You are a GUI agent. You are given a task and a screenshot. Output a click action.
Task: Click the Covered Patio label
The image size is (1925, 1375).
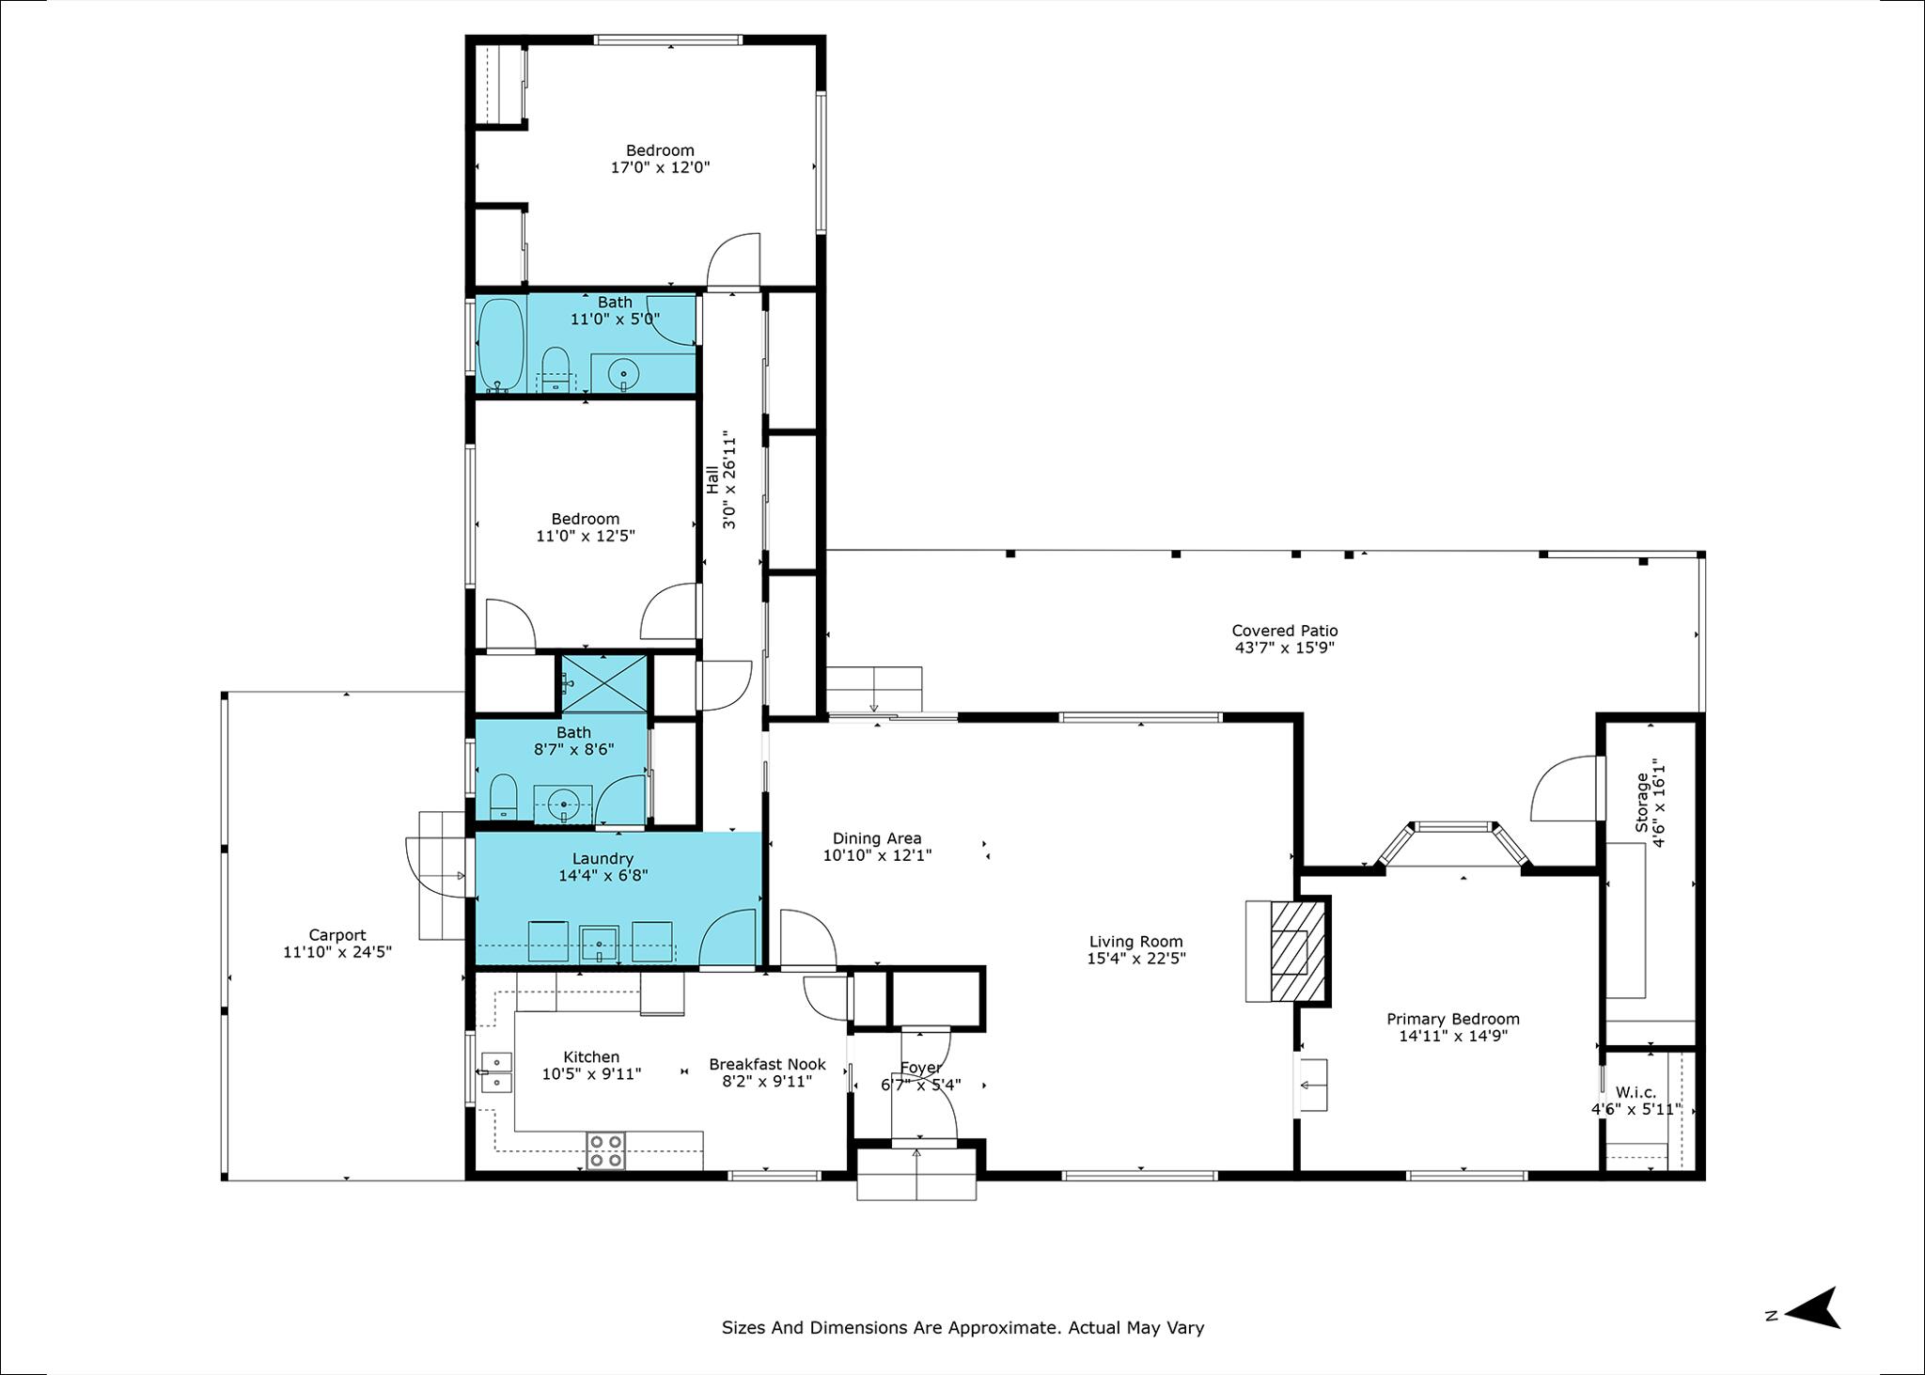(x=1285, y=631)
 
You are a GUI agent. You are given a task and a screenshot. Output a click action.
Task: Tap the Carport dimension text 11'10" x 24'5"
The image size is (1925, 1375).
(x=337, y=951)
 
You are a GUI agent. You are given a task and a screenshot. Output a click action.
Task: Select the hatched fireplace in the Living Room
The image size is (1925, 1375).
(x=1298, y=950)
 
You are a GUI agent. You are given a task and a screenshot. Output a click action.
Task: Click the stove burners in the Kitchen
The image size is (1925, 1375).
(x=607, y=1151)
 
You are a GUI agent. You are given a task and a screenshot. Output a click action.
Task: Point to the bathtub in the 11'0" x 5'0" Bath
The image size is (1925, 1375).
(x=501, y=345)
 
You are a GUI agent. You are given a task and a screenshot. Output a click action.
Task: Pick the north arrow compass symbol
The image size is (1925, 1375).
(x=1811, y=1307)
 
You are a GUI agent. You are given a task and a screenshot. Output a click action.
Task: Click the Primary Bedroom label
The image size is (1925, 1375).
(x=1453, y=1019)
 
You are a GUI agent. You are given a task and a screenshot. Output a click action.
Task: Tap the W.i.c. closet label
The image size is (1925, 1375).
(x=1635, y=1092)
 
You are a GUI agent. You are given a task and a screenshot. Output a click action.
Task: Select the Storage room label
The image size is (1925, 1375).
(x=1642, y=802)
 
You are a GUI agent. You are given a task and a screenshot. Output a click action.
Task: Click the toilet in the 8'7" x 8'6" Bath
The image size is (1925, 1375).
(x=504, y=797)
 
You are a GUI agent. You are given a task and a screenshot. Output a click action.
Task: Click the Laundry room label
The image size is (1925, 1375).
(x=603, y=859)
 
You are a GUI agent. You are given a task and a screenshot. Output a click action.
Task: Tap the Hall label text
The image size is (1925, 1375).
(x=712, y=479)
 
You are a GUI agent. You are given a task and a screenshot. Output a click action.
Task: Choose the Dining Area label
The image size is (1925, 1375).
(x=877, y=838)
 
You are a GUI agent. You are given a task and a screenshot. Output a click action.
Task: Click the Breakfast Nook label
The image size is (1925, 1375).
(x=767, y=1064)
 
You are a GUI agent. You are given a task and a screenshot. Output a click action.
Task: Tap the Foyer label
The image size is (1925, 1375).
(x=920, y=1068)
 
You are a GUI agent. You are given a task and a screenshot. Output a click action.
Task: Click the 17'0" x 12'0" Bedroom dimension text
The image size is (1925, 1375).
(x=660, y=167)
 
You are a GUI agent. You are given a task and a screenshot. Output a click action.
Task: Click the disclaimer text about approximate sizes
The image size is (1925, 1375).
(x=962, y=1328)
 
